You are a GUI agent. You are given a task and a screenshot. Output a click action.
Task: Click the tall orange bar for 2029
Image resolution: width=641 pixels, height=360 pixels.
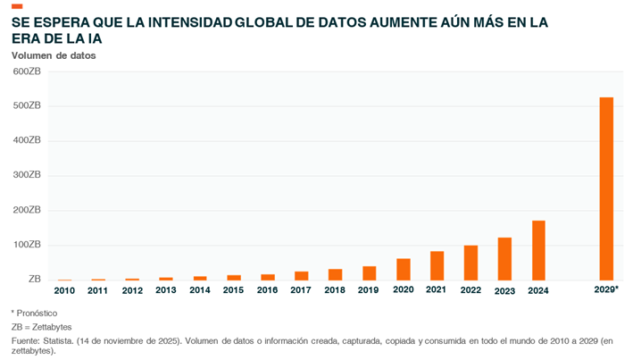pyautogui.click(x=606, y=188)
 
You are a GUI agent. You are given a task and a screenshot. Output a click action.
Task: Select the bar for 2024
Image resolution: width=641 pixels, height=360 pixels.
pyautogui.click(x=538, y=251)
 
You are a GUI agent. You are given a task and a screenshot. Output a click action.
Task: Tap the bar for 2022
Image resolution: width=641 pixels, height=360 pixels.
pyautogui.click(x=470, y=264)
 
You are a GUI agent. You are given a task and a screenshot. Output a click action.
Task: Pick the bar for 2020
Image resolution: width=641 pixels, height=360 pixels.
pyautogui.click(x=404, y=270)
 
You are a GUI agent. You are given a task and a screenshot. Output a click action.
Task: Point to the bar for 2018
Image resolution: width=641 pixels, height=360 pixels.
pyautogui.click(x=335, y=275)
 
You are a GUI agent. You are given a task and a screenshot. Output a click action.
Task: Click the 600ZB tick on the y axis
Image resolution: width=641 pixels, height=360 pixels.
pyautogui.click(x=28, y=71)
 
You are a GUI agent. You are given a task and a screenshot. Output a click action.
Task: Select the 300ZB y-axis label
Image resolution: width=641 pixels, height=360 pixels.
pyautogui.click(x=28, y=175)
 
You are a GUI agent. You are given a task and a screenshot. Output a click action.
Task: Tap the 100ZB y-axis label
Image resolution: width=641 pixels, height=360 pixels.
pyautogui.click(x=28, y=245)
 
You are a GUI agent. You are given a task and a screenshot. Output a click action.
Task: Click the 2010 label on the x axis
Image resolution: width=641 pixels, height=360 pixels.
pyautogui.click(x=64, y=290)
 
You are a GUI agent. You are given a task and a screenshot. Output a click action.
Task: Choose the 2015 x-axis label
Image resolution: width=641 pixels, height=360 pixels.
pyautogui.click(x=233, y=290)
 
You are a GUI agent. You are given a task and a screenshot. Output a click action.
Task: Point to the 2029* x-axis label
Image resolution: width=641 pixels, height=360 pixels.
pyautogui.click(x=606, y=290)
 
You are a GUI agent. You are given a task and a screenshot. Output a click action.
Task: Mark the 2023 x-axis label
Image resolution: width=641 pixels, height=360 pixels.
pyautogui.click(x=504, y=290)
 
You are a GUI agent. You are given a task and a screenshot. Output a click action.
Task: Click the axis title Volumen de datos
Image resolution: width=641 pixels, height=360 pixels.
pyautogui.click(x=54, y=55)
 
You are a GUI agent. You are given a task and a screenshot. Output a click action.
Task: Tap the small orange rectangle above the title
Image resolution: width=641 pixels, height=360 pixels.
pyautogui.click(x=17, y=7)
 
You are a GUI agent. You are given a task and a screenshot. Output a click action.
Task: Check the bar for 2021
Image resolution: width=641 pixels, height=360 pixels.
pyautogui.click(x=437, y=266)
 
